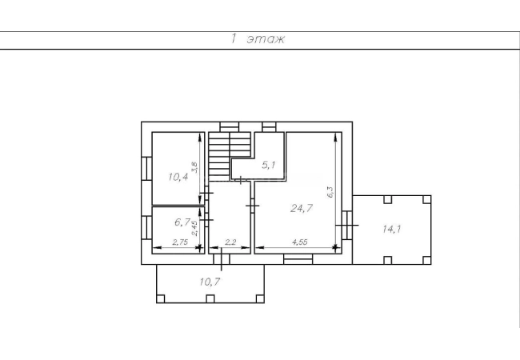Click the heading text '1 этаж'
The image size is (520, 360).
point(258,39)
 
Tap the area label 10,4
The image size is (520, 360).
point(178,177)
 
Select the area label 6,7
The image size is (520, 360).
point(182,222)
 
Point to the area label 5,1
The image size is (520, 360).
point(268,165)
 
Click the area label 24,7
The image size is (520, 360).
point(302,208)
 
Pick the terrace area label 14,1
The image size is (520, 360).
point(392,229)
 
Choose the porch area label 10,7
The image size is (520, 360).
point(210,282)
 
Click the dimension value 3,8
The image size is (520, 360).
point(194,167)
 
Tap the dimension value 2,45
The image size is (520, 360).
point(195,228)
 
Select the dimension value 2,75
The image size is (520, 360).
point(180,242)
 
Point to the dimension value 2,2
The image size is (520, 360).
point(230,242)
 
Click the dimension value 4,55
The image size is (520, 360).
point(299,242)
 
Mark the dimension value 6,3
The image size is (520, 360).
point(330,192)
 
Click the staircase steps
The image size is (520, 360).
point(229,157)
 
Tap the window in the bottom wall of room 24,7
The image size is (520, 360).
point(298,259)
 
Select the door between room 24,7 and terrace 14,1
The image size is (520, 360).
point(347,225)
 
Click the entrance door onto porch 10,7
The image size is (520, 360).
point(222,259)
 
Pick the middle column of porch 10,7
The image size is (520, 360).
point(210,299)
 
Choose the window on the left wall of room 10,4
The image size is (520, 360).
point(146,168)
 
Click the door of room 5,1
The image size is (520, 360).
point(241,180)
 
